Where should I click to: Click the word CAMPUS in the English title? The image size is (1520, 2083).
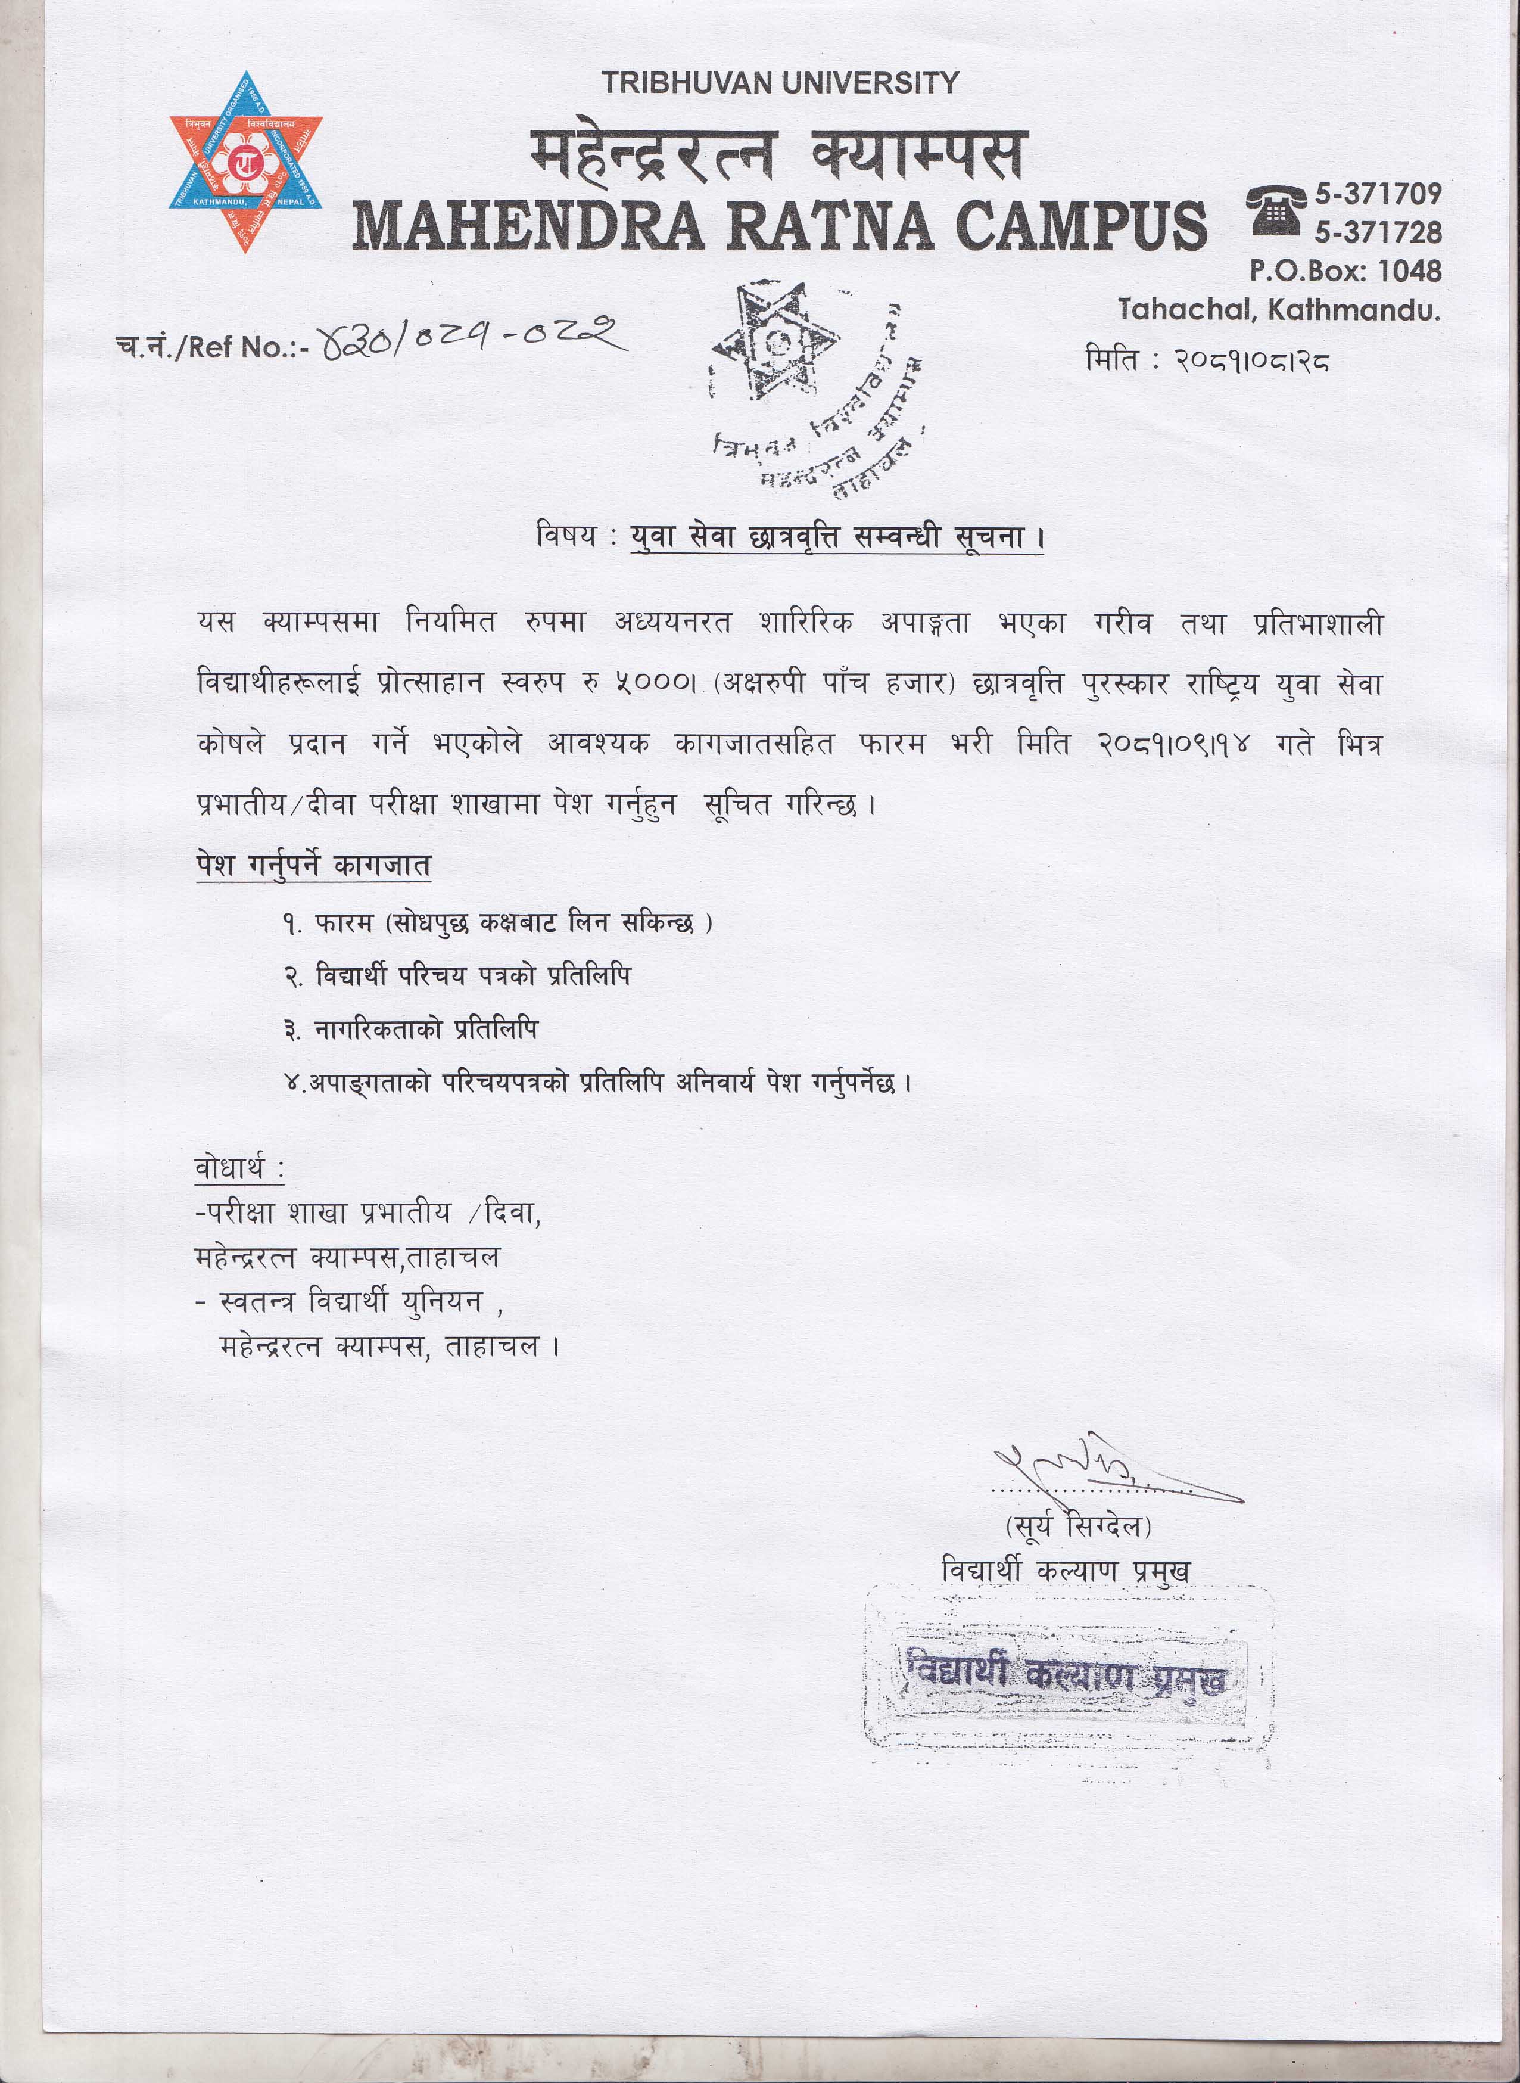point(1080,225)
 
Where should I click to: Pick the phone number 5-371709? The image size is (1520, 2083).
point(1378,194)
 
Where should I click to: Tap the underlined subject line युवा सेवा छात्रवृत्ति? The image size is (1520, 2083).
point(837,537)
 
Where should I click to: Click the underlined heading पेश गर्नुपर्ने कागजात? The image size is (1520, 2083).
point(313,866)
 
